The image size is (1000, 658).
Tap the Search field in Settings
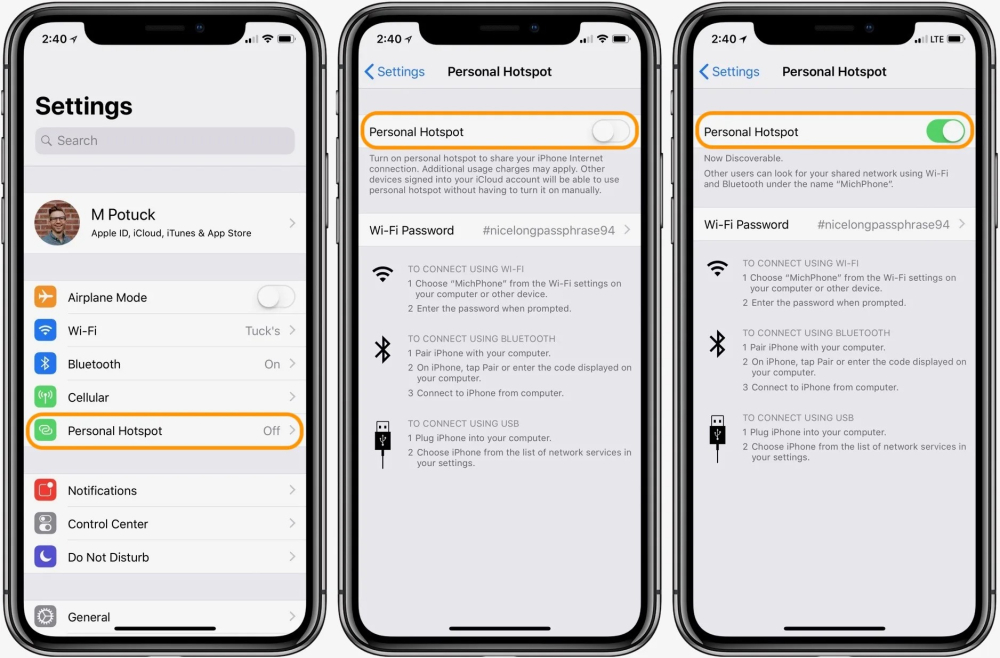(x=165, y=141)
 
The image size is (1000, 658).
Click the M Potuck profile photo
(x=57, y=223)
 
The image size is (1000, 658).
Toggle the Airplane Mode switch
(x=275, y=297)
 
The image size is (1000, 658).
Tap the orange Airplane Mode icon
(x=46, y=297)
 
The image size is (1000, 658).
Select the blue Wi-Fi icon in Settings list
(x=46, y=331)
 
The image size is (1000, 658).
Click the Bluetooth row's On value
(x=272, y=364)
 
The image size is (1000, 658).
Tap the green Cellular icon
(x=46, y=397)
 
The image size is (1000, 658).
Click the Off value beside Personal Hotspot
(x=271, y=431)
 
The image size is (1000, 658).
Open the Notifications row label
(x=102, y=491)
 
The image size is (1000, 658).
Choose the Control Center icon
(x=46, y=524)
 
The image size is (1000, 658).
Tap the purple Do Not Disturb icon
(x=46, y=557)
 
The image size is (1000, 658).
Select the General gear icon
(x=46, y=617)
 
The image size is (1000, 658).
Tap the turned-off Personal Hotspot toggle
(x=610, y=132)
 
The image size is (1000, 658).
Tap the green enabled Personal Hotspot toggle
(x=945, y=132)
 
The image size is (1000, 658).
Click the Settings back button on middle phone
(x=395, y=72)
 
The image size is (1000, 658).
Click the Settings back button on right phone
(x=730, y=72)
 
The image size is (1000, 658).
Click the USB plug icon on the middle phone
(x=382, y=443)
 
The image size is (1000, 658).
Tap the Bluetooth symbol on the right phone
(x=717, y=344)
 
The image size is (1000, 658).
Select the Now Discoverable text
(x=743, y=158)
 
